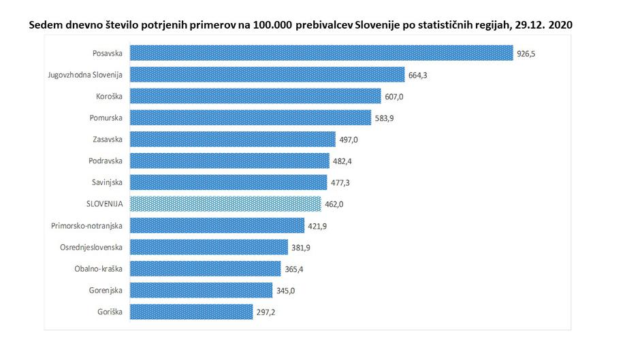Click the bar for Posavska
(x=321, y=53)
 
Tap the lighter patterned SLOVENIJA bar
(x=225, y=204)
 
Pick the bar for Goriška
(x=191, y=312)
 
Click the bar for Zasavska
(x=232, y=140)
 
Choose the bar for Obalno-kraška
(x=205, y=269)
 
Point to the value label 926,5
(x=526, y=53)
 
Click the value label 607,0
(x=394, y=97)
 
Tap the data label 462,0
(x=334, y=204)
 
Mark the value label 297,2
(x=266, y=312)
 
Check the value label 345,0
(x=286, y=291)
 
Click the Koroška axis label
(x=107, y=97)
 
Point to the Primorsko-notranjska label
(x=86, y=226)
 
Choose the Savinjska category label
(x=107, y=183)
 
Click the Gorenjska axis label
(x=105, y=291)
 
